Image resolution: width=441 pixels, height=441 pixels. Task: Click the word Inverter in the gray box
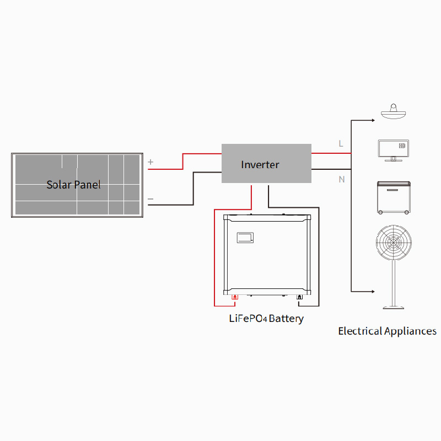(x=260, y=164)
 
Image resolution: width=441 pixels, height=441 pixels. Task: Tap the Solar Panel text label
(x=73, y=185)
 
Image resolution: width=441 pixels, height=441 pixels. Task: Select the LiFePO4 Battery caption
(x=266, y=319)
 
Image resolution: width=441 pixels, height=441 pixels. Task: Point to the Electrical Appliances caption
(x=387, y=331)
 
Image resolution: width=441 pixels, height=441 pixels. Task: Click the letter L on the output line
(x=341, y=143)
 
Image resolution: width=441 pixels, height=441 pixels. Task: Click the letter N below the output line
(x=342, y=179)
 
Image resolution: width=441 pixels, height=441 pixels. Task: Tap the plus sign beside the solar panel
(x=151, y=163)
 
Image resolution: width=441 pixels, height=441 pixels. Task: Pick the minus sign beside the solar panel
(x=151, y=199)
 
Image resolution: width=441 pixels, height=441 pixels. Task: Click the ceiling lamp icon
(x=394, y=112)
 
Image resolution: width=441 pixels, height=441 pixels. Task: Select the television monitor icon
(x=393, y=149)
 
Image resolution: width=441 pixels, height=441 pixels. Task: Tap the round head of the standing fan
(x=394, y=241)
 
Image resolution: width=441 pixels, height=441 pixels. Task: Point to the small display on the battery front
(x=245, y=238)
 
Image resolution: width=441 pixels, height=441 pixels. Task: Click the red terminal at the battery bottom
(x=235, y=298)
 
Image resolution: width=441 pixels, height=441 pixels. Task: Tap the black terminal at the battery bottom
(x=299, y=298)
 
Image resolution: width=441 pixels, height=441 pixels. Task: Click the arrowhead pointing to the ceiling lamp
(x=373, y=120)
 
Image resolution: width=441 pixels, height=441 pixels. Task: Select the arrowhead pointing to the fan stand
(x=373, y=291)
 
